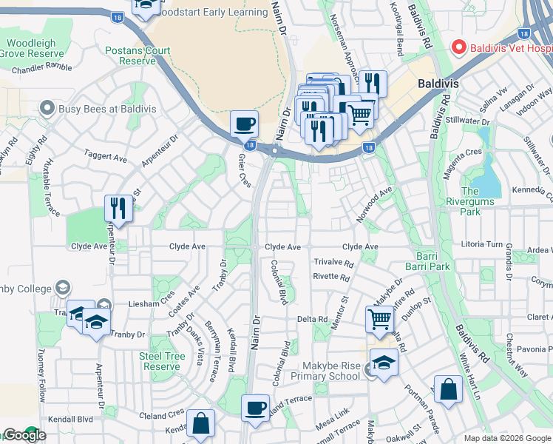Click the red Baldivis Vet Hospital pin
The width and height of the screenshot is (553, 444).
(458, 47)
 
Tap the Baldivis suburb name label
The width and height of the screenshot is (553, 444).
(438, 84)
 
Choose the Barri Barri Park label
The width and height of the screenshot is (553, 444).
(428, 260)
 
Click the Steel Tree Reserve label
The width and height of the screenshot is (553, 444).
(162, 361)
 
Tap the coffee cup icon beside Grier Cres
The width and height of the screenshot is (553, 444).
(244, 124)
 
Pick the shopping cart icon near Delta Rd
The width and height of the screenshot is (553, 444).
(379, 319)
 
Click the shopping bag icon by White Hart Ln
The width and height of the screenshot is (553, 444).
(448, 389)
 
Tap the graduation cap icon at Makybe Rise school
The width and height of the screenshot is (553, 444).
(384, 363)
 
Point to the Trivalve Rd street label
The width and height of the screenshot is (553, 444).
(333, 263)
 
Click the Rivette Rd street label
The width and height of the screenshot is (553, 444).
(330, 277)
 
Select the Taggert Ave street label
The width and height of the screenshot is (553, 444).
(106, 157)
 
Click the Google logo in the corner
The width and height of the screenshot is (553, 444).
(24, 435)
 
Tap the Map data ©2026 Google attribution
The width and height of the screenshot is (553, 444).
(506, 438)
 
